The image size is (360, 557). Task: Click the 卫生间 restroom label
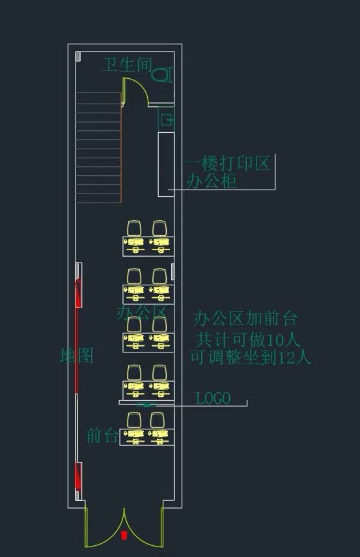(128, 65)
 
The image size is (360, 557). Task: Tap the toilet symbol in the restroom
(163, 74)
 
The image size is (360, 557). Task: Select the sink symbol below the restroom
(166, 119)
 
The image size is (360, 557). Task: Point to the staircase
(98, 147)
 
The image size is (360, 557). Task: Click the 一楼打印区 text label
(227, 164)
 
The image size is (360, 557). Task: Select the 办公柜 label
(212, 181)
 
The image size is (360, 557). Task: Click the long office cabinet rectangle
(166, 164)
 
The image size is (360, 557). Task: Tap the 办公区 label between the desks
(142, 312)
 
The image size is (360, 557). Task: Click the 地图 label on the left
(76, 355)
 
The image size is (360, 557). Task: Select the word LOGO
(213, 398)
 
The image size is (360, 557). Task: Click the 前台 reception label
(102, 435)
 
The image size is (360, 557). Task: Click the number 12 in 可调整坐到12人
(286, 358)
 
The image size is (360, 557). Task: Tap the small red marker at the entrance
(124, 535)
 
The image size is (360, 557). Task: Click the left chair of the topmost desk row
(134, 229)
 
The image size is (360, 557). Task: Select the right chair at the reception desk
(158, 420)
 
